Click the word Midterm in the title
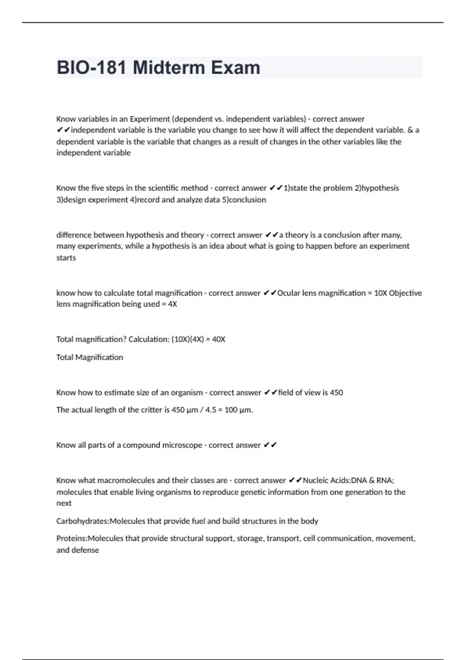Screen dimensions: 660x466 click(169, 68)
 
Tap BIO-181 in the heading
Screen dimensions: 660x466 click(92, 68)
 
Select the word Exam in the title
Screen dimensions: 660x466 click(236, 68)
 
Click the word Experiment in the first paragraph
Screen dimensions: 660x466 click(150, 119)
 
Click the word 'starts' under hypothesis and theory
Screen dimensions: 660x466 click(66, 258)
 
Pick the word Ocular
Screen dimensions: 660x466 click(289, 293)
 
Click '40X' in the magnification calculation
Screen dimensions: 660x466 click(219, 339)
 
